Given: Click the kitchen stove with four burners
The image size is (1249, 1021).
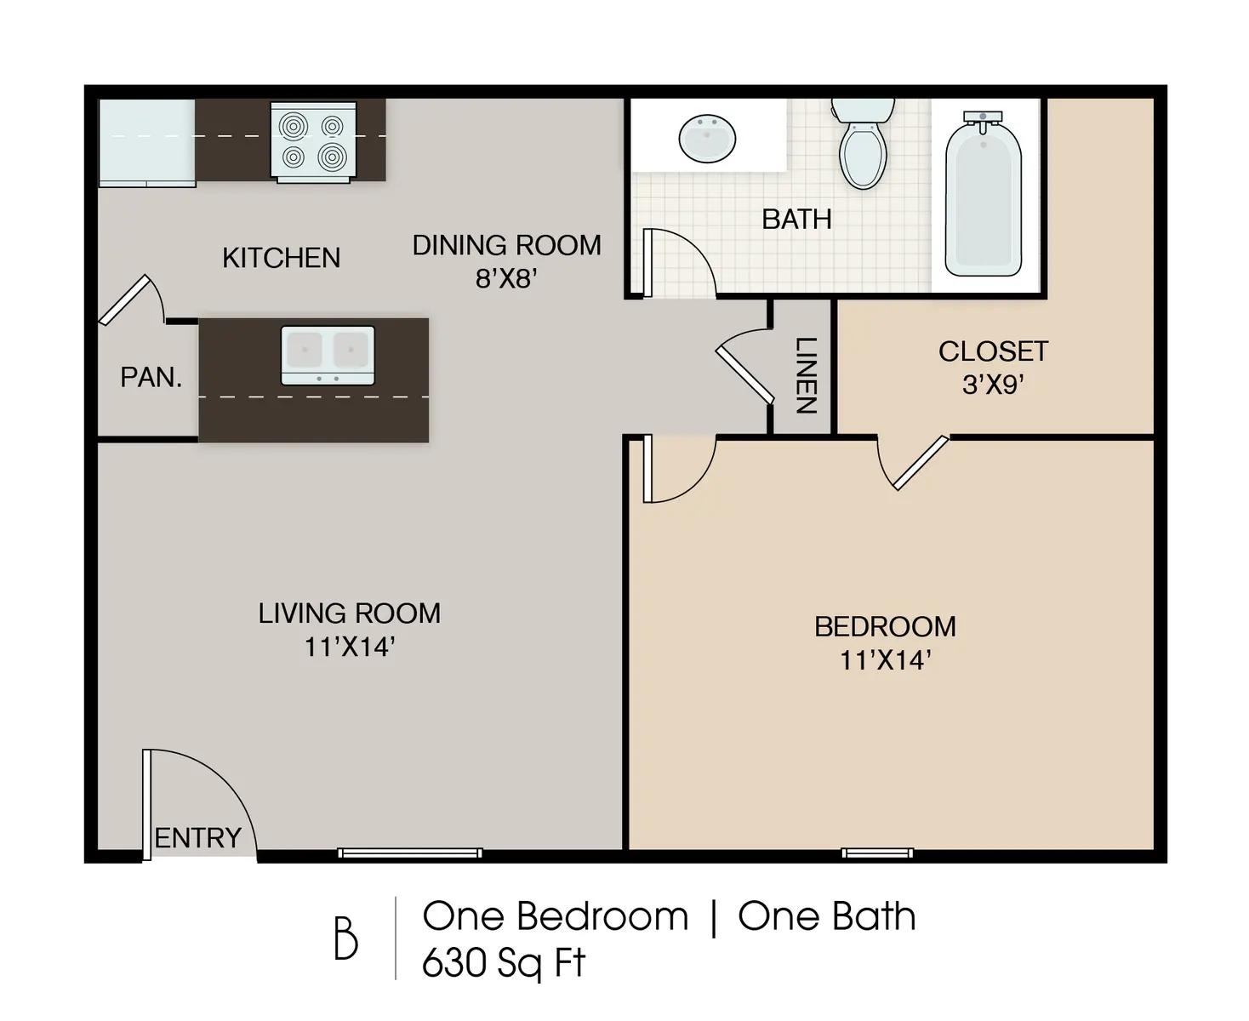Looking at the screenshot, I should coord(313,141).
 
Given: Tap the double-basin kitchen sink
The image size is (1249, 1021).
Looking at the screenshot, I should coord(328,355).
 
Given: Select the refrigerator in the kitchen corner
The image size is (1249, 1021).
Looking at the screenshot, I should coord(147,142).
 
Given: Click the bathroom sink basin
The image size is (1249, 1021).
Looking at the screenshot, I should coord(707,139).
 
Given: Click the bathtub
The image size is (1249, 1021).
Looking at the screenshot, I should coord(984,197).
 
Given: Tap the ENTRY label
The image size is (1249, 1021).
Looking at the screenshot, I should coord(197,838).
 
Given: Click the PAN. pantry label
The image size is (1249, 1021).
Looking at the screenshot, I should coord(151,377).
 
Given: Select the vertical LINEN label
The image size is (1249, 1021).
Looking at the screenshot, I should coord(805,375).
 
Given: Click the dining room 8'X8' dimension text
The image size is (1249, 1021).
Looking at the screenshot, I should coord(506,278).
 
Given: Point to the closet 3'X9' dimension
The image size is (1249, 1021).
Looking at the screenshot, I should coord(992,385).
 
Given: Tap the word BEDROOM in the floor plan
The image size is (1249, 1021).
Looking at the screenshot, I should coord(885,627).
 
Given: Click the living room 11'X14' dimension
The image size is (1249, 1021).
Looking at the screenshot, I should coord(350,647).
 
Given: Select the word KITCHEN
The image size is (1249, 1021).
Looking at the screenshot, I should coord(281,258).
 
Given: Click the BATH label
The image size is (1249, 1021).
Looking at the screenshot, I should coord(796,220).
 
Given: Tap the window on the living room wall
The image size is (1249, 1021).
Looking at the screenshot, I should coord(410,853).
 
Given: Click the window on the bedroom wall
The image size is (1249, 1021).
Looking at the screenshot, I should coord(877,853).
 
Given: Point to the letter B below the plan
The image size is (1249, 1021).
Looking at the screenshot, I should coord(345,938).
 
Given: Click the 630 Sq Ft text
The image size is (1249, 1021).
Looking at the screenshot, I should coord(504,963).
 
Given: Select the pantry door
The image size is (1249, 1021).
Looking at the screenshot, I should coord(126,299).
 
